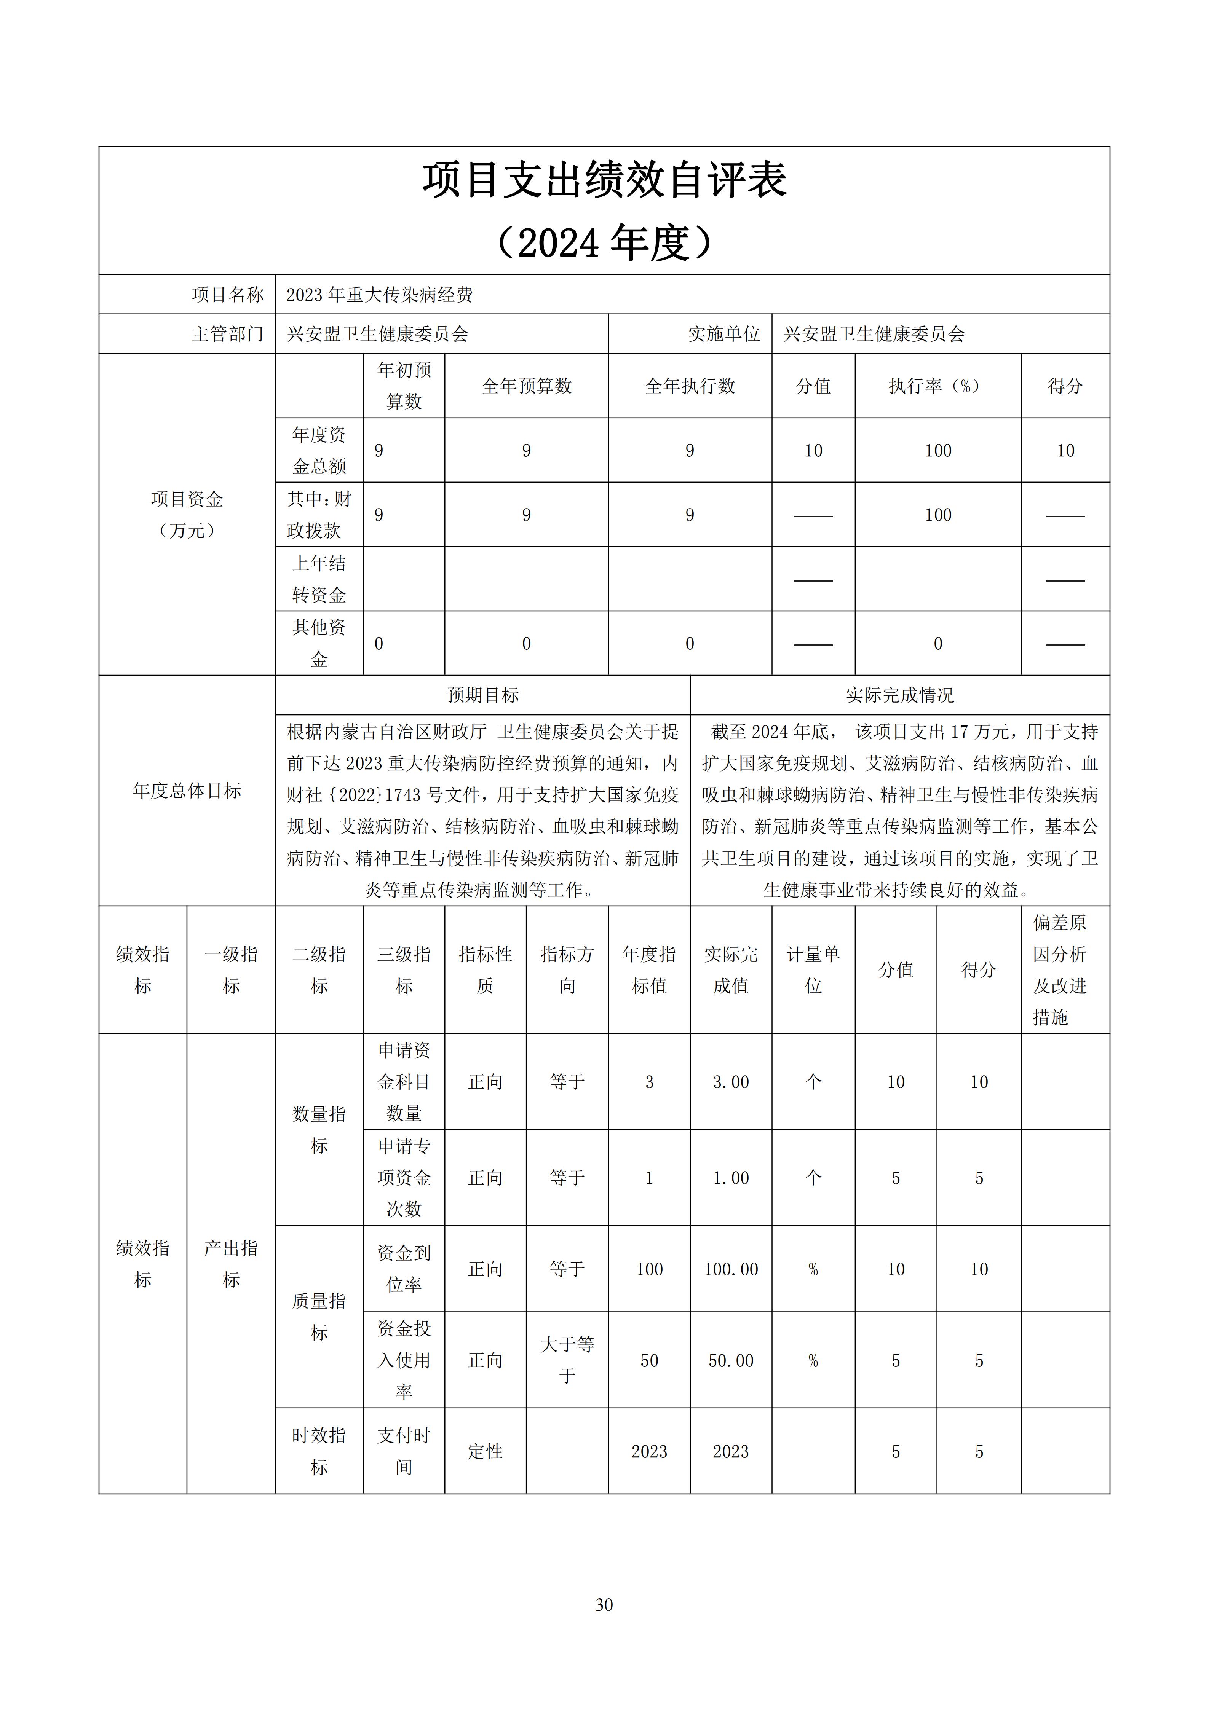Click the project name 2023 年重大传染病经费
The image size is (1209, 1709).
click(x=380, y=295)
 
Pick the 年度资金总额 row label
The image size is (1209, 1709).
click(x=319, y=450)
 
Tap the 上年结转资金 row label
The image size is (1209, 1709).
click(x=319, y=579)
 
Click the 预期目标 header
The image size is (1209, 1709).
click(x=482, y=695)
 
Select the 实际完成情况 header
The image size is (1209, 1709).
click(x=899, y=695)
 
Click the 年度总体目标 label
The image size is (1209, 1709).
click(x=187, y=791)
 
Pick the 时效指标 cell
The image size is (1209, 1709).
click(x=319, y=1451)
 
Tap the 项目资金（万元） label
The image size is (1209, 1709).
click(x=187, y=514)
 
